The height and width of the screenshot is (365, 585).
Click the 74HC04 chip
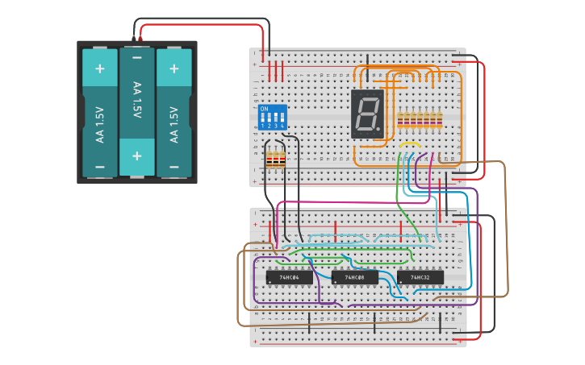click(x=289, y=277)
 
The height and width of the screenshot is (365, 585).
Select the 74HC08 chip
click(x=354, y=277)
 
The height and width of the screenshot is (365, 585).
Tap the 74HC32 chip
click(x=420, y=277)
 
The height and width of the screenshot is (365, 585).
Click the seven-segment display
click(x=366, y=114)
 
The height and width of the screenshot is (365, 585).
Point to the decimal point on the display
click(x=379, y=131)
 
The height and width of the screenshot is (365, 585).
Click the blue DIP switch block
click(x=272, y=117)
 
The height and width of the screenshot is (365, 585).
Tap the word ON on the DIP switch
click(x=264, y=108)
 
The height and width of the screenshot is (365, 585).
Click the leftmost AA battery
click(x=100, y=113)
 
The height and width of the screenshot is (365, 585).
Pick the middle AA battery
click(x=137, y=113)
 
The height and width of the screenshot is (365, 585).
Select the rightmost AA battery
click(x=173, y=113)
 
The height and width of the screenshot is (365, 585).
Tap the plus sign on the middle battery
click(x=137, y=156)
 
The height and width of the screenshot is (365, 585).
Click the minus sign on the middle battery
click(x=137, y=58)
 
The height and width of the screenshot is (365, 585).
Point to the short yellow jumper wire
click(x=410, y=145)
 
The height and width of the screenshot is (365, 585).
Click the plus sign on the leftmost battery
click(x=100, y=68)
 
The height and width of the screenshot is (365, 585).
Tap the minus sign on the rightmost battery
click(x=173, y=168)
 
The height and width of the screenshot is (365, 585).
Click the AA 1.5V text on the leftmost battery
click(x=100, y=125)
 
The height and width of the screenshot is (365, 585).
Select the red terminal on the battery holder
click(x=140, y=39)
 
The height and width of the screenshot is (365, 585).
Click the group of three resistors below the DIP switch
click(x=276, y=160)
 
